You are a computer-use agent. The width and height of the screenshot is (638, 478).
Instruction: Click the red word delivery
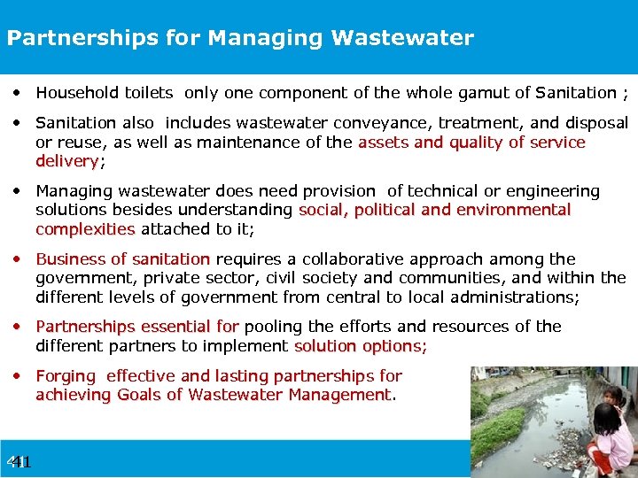[66, 161]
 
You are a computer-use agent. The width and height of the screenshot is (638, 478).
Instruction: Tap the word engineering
[549, 191]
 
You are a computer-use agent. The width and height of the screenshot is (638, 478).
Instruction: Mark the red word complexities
[85, 228]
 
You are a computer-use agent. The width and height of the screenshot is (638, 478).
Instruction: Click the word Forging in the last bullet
[65, 376]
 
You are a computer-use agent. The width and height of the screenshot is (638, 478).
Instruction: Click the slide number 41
[19, 462]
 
